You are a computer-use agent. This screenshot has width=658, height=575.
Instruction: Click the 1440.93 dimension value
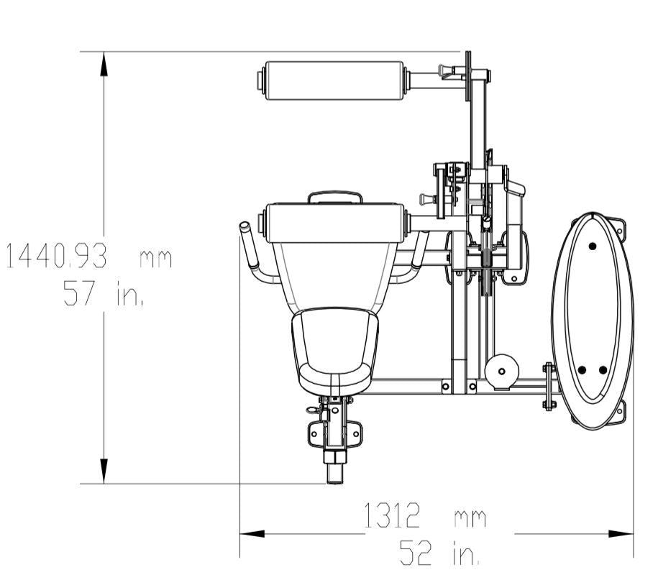(56, 256)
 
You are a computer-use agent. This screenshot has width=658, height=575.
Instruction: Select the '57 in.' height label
(104, 293)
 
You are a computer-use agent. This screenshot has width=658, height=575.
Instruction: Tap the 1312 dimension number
(391, 515)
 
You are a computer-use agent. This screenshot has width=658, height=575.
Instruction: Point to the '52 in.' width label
(439, 553)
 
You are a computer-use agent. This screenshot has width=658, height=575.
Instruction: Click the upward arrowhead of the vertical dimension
(104, 64)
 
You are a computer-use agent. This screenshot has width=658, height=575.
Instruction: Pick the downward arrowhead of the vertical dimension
(104, 471)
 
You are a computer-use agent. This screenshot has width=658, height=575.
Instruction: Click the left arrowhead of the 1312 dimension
(252, 534)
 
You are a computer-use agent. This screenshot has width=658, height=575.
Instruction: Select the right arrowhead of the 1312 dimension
(621, 534)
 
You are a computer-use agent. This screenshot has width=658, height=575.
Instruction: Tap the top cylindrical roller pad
(334, 80)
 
